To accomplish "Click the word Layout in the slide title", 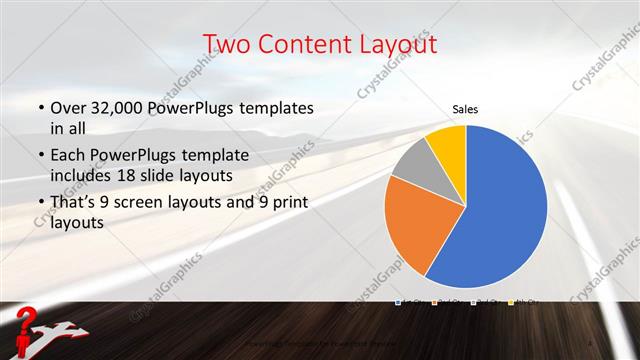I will click(x=390, y=44).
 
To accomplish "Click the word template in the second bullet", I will click(x=225, y=156).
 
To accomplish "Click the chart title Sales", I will click(x=465, y=108).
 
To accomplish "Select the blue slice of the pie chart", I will click(x=500, y=210).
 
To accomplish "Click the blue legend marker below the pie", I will click(x=398, y=301).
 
